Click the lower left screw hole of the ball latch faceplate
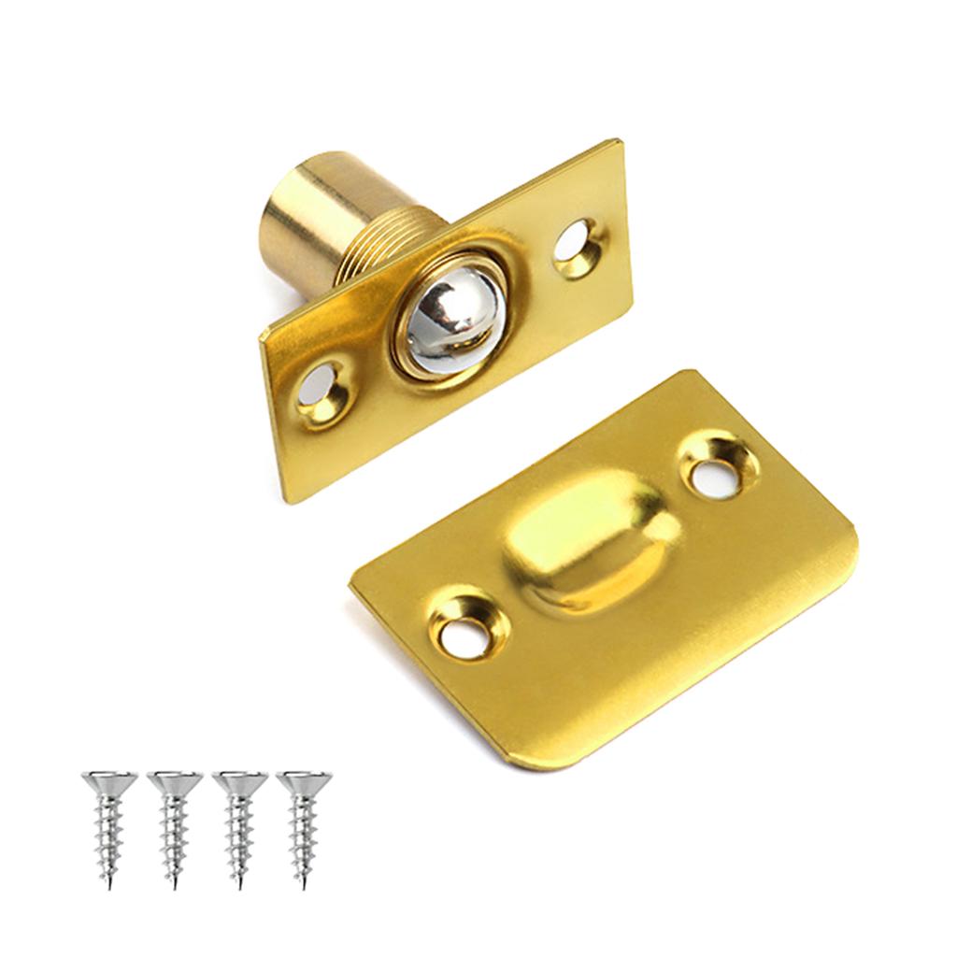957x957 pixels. pyautogui.click(x=323, y=389)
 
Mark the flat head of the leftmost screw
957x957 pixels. pyautogui.click(x=109, y=778)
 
